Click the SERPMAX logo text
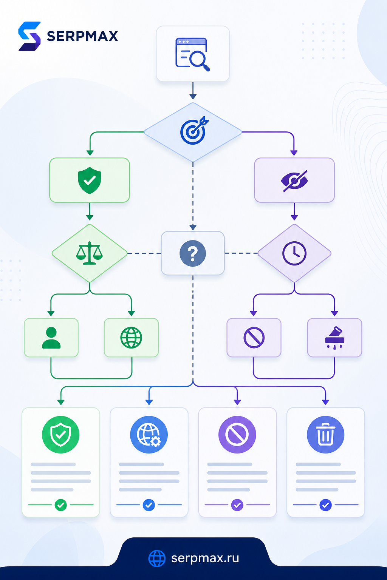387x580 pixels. [82, 36]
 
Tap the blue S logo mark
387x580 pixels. [29, 36]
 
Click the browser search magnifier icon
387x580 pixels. [193, 54]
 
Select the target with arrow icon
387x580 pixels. [194, 130]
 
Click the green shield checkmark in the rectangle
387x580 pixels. [90, 180]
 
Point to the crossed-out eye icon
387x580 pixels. [294, 181]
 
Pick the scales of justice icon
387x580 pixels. [90, 253]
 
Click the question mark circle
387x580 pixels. [193, 253]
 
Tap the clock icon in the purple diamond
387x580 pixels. [294, 253]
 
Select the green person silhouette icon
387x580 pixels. [51, 338]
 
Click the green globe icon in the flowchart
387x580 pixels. [131, 338]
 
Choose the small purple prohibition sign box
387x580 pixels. [254, 338]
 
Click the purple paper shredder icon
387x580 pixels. [334, 338]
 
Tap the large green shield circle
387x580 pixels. [60, 435]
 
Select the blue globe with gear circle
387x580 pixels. [149, 435]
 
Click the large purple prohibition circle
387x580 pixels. [237, 435]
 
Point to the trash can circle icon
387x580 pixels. [325, 435]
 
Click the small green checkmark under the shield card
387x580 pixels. [60, 505]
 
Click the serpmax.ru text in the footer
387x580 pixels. [205, 558]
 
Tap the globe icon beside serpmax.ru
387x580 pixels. [157, 558]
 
